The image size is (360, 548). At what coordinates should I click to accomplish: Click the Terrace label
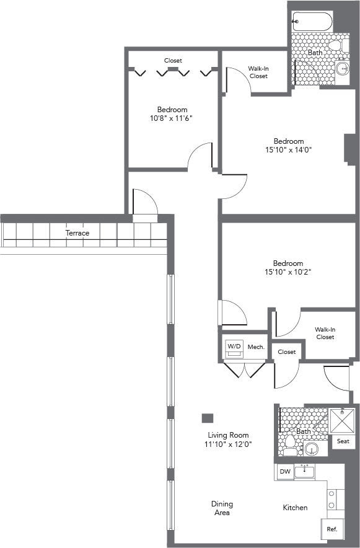(78, 233)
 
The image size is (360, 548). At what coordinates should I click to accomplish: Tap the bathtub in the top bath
(313, 23)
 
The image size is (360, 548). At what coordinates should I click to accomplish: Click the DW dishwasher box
(285, 472)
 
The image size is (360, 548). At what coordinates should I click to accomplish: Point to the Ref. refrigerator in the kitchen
(331, 531)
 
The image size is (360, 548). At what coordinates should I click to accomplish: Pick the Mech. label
(257, 347)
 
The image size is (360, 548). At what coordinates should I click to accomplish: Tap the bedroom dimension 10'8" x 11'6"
(172, 118)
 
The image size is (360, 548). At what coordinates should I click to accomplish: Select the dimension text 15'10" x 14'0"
(289, 149)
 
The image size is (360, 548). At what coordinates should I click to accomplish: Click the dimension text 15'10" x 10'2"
(289, 272)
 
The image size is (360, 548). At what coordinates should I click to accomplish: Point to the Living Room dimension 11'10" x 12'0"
(229, 444)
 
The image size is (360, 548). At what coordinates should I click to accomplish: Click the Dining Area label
(221, 508)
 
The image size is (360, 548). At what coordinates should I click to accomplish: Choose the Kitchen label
(295, 508)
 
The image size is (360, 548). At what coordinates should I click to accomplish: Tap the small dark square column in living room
(208, 418)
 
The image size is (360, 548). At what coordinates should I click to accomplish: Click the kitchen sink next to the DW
(304, 472)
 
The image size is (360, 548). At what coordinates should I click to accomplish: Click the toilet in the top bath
(335, 45)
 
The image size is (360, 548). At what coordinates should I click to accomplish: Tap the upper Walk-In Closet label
(258, 72)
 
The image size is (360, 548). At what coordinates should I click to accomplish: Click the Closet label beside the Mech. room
(287, 352)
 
